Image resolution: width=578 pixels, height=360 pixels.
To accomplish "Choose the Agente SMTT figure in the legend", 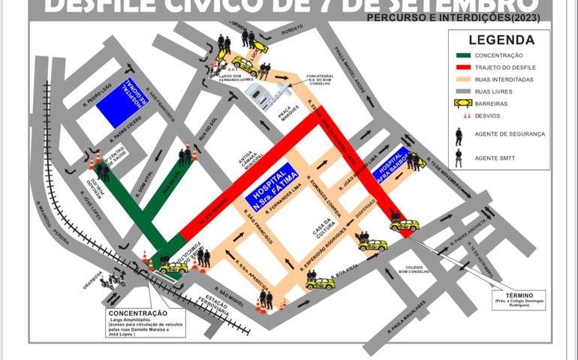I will [x=459, y=157].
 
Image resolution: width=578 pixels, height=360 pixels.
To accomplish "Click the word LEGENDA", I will [x=501, y=40].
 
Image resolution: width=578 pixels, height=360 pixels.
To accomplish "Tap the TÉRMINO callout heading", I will [x=519, y=295].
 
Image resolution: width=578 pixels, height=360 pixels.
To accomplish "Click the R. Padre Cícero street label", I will [x=106, y=133].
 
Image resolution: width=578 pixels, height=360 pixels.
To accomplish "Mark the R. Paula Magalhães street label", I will [x=410, y=316].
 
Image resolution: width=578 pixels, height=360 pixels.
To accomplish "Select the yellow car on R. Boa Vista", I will [x=320, y=283].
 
